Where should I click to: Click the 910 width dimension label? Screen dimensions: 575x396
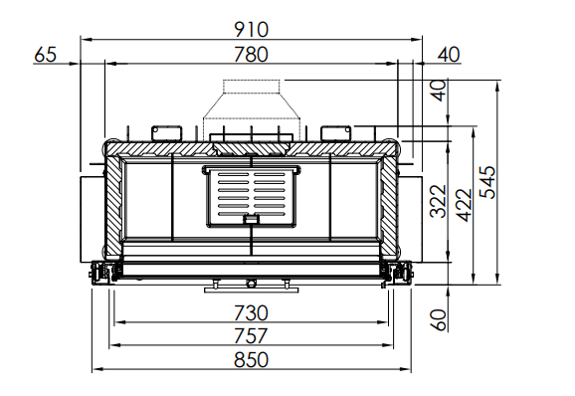(252, 30)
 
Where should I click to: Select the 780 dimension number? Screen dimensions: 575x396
(252, 55)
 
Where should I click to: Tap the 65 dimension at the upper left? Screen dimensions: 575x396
(46, 55)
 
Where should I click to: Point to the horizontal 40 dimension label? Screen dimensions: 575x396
(449, 55)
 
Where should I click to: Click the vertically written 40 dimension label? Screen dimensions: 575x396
(440, 91)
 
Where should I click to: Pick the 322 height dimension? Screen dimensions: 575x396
(439, 202)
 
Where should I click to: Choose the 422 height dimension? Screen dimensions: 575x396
(465, 205)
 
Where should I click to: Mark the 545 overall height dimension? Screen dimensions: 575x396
(487, 183)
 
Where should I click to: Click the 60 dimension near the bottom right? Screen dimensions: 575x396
(439, 320)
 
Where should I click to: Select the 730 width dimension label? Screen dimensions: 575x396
(252, 313)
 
